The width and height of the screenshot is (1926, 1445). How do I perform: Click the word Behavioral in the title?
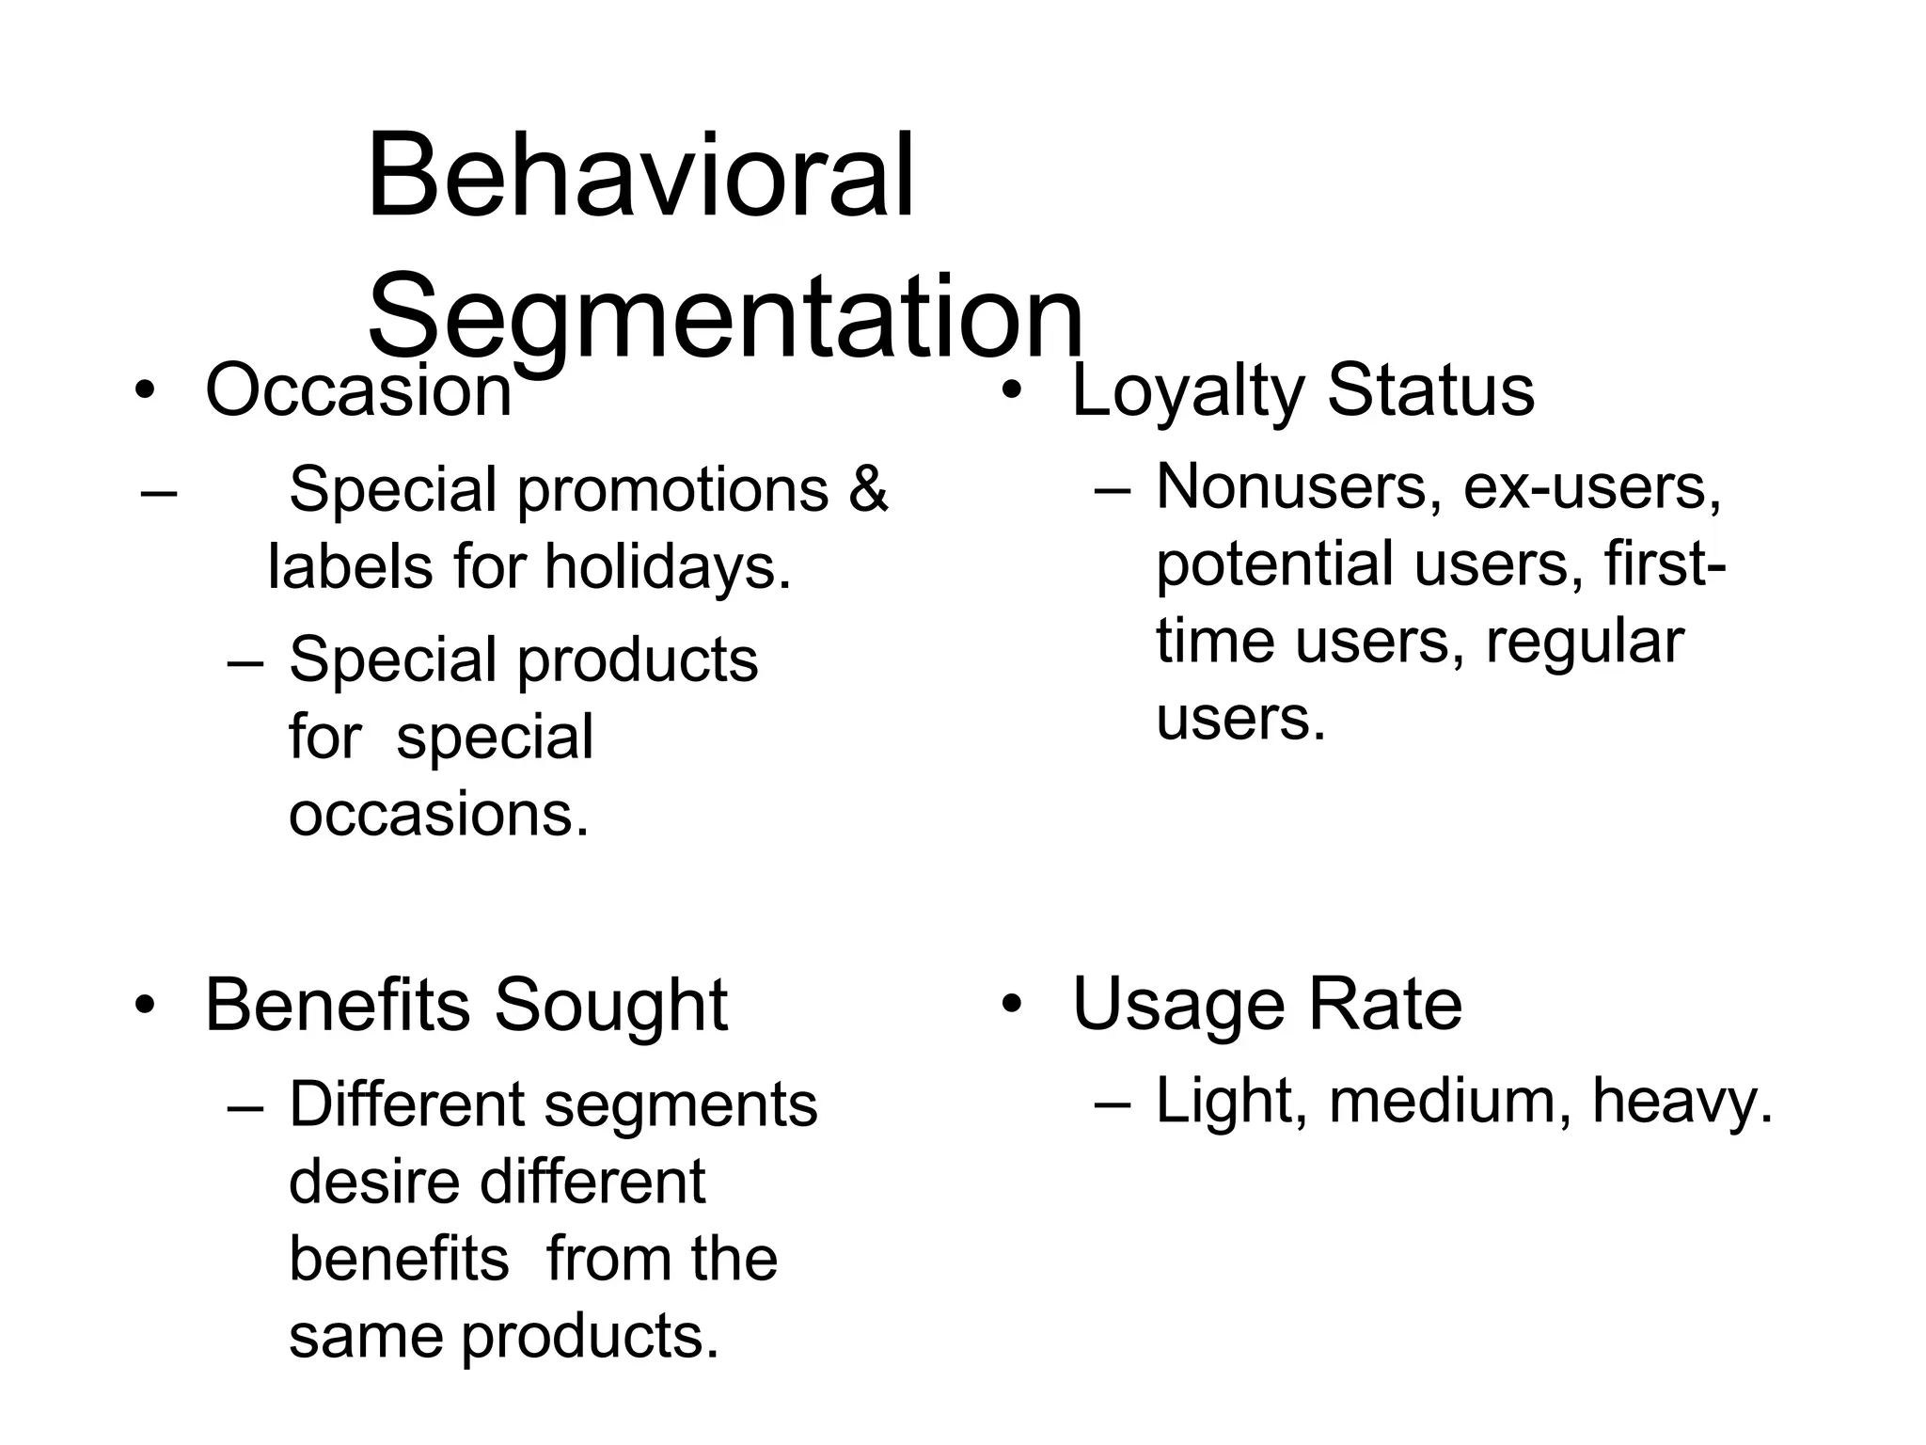(x=639, y=176)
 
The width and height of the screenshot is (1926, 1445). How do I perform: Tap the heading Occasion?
(x=358, y=390)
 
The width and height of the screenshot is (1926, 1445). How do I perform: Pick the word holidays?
(x=668, y=567)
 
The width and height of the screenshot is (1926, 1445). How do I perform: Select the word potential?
(x=1274, y=564)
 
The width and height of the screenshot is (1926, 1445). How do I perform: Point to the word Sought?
(x=611, y=1005)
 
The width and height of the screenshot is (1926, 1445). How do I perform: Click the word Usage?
(x=1178, y=1005)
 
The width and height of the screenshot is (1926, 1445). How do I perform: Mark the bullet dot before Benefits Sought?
(x=143, y=1007)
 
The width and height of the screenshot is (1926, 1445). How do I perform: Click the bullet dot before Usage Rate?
(x=1010, y=1006)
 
